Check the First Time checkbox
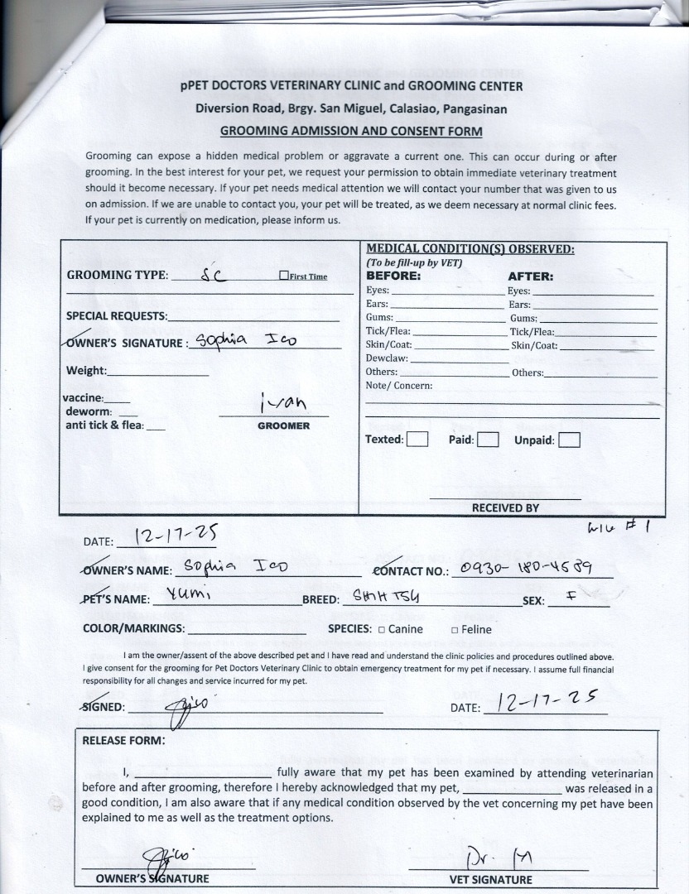tap(284, 276)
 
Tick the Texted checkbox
tap(417, 440)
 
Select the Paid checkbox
tap(488, 440)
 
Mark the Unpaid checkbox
tap(569, 440)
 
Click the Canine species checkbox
tap(382, 630)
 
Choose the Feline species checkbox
tap(455, 630)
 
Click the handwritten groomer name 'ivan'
tap(282, 403)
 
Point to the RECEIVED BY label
tap(505, 508)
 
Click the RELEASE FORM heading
tap(123, 740)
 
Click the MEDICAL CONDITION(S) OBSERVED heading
tap(470, 249)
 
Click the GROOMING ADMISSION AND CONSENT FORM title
tap(351, 131)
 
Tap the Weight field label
tap(86, 371)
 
